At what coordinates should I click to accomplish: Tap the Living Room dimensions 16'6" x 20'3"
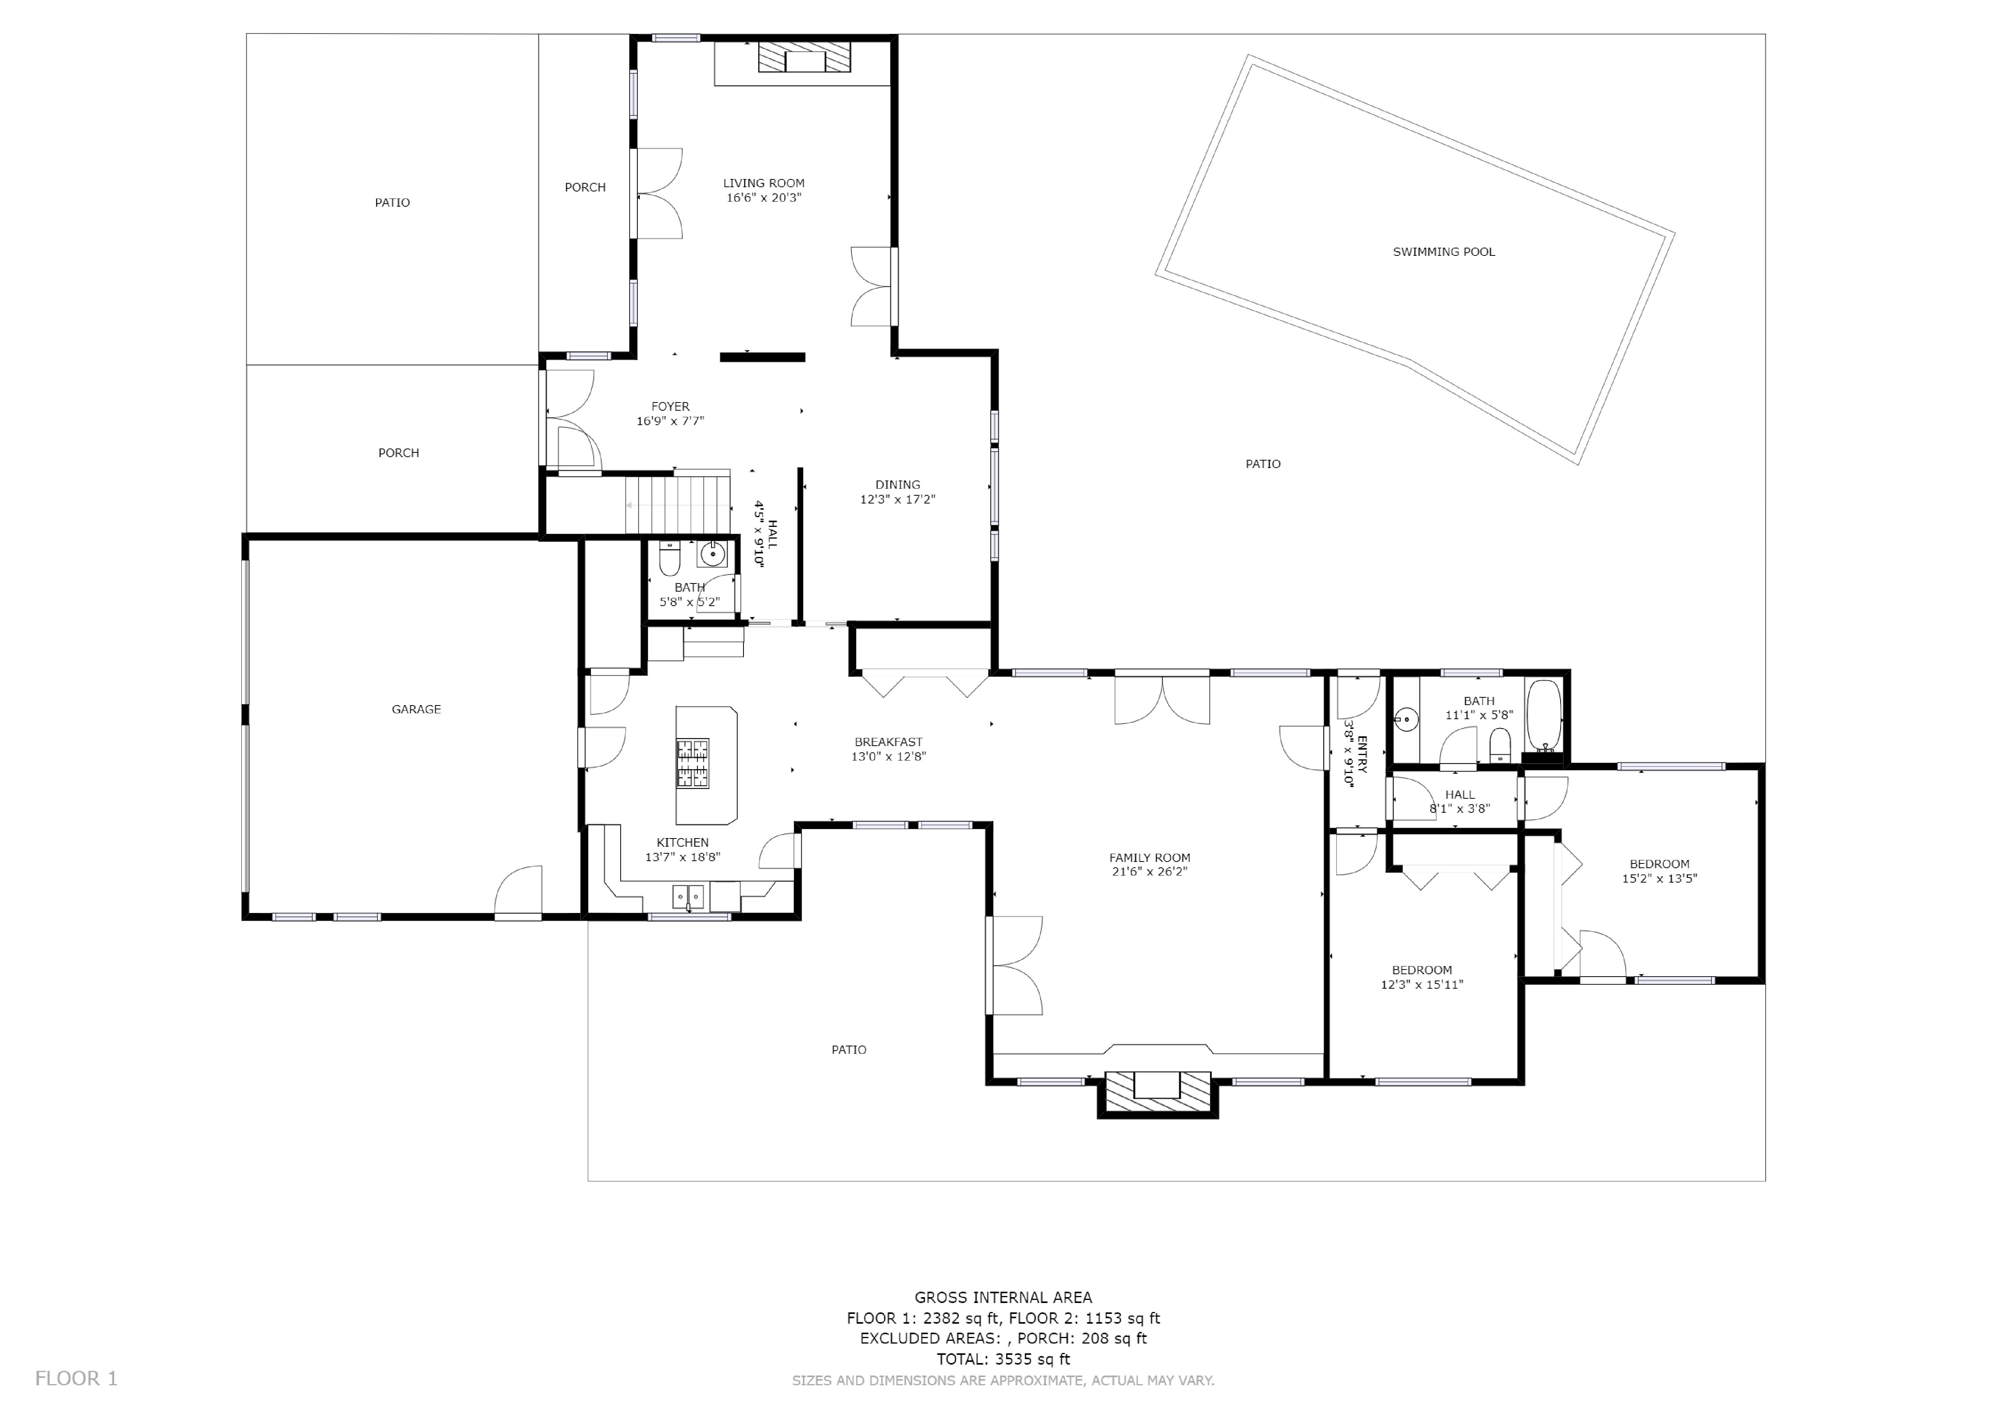[764, 198]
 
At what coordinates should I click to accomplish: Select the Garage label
[416, 709]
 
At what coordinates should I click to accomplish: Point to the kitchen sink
[689, 896]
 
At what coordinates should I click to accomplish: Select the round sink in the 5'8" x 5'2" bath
[713, 553]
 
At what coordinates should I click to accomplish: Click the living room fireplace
[804, 58]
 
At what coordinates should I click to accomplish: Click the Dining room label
[898, 484]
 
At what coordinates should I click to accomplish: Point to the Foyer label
[671, 407]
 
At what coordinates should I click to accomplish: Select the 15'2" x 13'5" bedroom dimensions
[1659, 879]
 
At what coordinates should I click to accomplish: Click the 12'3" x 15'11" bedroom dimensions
[1422, 984]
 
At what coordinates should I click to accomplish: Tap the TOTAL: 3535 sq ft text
[1003, 1359]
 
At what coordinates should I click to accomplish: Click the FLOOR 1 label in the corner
[76, 1379]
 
